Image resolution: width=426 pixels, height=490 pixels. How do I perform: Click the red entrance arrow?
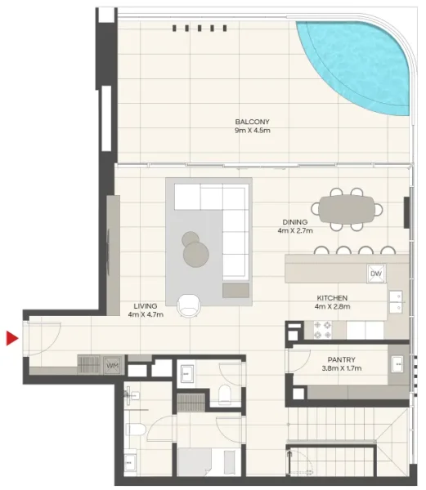[11, 338]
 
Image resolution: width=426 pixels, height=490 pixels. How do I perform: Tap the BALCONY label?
[252, 122]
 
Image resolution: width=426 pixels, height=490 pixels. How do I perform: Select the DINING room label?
[294, 221]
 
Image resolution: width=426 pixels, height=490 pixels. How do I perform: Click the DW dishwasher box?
[376, 274]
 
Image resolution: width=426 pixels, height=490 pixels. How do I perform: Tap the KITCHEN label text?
[333, 298]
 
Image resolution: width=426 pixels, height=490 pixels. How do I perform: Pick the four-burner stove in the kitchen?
[321, 328]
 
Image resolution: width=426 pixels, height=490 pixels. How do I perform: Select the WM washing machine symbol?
[113, 364]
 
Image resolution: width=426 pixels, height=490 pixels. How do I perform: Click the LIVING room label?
[146, 306]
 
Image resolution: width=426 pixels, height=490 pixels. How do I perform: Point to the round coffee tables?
[195, 251]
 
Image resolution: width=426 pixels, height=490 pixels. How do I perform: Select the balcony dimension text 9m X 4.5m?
[252, 131]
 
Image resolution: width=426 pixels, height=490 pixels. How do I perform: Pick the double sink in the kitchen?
[396, 301]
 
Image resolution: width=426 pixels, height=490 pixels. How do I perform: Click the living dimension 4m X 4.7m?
[146, 315]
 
